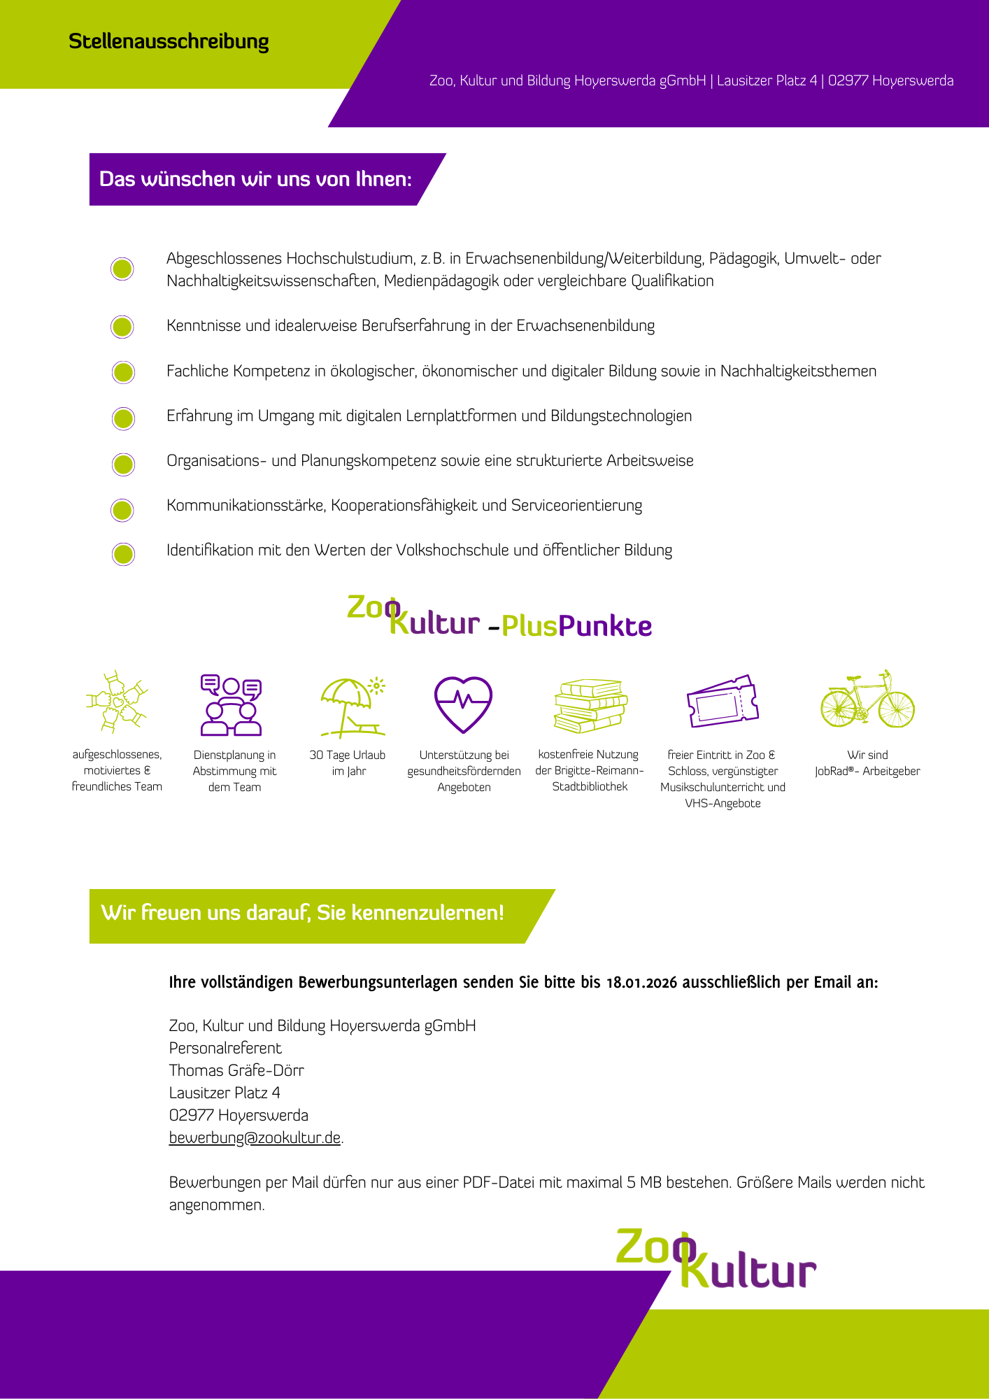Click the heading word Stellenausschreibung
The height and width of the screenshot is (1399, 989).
coord(169,42)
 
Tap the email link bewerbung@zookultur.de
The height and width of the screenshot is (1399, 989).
coord(255,1138)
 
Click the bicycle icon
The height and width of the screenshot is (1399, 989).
coord(867,700)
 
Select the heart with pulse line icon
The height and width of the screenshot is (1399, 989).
coord(463,704)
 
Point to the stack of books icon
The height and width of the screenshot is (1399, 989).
coord(590,705)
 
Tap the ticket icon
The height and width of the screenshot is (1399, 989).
coord(723,702)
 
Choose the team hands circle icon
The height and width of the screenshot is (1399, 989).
coord(117,702)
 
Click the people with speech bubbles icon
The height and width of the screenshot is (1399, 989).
coord(232,705)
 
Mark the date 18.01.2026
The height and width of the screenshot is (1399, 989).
coord(641,983)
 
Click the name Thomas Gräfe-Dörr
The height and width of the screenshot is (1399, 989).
coord(236,1071)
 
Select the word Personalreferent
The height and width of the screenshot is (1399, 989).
coord(225,1049)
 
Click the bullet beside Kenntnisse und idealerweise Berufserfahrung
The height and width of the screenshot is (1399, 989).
coord(122,327)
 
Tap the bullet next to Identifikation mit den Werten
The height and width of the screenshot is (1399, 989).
coord(123,554)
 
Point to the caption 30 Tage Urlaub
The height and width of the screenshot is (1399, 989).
coord(348,755)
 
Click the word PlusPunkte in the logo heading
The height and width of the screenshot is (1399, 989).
coord(576,626)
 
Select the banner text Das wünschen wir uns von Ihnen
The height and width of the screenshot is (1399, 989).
coord(255,180)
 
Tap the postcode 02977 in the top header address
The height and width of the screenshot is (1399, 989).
coord(848,81)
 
